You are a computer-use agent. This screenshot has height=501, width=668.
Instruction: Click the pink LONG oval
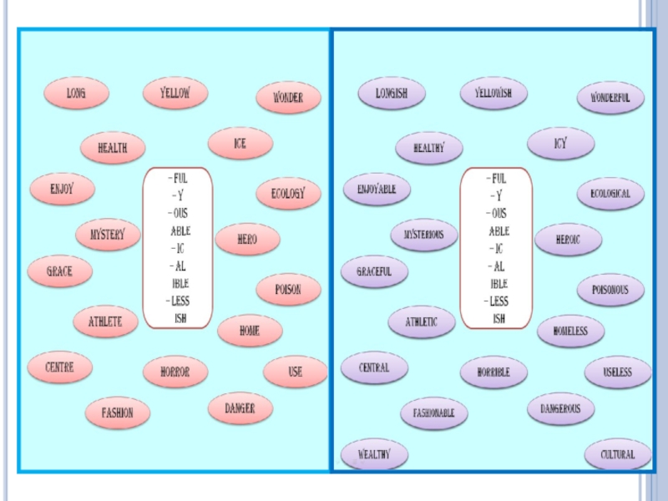coord(76,94)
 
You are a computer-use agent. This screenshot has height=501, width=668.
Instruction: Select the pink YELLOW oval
coord(175,93)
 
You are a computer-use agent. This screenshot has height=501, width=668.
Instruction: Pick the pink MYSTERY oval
coord(107,235)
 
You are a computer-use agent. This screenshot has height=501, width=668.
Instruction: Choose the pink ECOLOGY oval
coord(288,193)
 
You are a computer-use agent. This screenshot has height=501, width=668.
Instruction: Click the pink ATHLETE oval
coord(105,321)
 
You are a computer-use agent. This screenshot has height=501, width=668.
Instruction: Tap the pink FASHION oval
coord(118,412)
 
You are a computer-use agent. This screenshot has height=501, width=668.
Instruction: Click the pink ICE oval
coord(240,144)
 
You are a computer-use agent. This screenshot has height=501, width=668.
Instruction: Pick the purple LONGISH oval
coord(392,93)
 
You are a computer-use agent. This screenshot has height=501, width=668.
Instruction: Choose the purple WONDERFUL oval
coord(610,98)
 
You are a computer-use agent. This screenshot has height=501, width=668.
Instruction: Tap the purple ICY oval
coord(560,144)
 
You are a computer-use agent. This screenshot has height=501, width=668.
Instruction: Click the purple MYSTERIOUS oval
coord(424,235)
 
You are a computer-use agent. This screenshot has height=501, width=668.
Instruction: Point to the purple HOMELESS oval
coord(570,331)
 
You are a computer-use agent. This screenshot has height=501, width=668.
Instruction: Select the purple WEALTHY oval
coord(373,454)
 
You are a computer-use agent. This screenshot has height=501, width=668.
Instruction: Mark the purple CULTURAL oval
coord(618,454)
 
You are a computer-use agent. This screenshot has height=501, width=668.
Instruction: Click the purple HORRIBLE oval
coord(493,372)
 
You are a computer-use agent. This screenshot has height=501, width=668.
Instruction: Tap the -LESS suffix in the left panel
coord(178,301)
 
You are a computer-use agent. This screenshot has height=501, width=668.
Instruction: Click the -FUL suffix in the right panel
coord(496,178)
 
